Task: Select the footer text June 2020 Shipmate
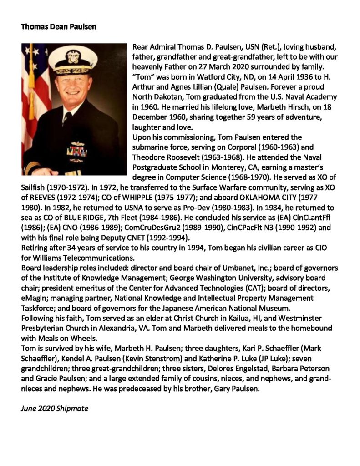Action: point(54,409)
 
